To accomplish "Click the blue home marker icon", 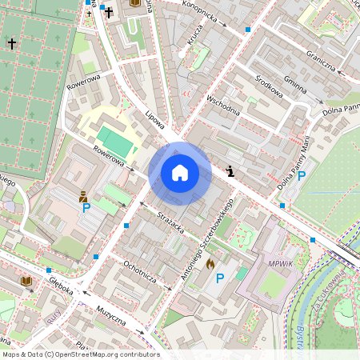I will [180, 173].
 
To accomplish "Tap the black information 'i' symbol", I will [231, 170].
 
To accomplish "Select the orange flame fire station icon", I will [210, 262].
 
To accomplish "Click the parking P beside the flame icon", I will [219, 278].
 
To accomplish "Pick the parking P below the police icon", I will [86, 208].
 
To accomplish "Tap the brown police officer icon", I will [83, 194].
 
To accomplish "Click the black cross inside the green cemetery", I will [12, 44].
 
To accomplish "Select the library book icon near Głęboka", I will [26, 282].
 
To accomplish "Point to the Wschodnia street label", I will [223, 106].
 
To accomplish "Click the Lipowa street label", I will [154, 120].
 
